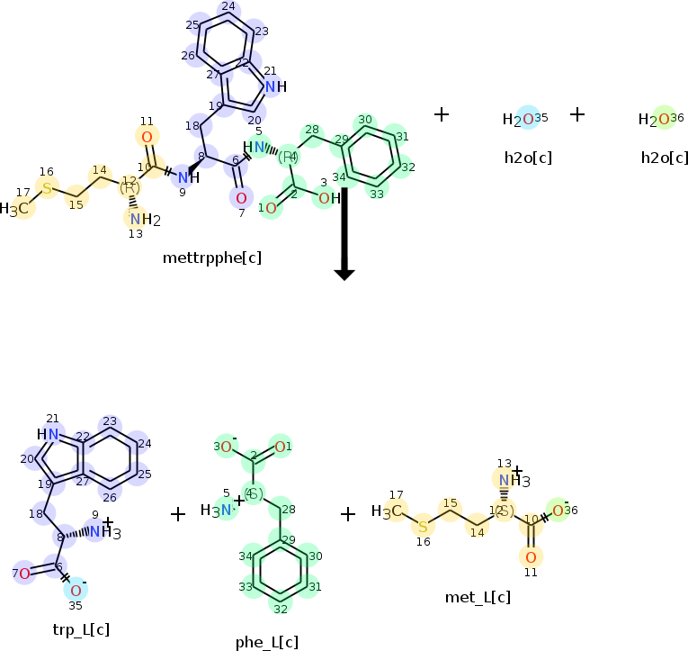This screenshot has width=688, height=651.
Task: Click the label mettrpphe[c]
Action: click(x=212, y=258)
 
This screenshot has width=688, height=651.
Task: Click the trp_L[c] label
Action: click(x=81, y=628)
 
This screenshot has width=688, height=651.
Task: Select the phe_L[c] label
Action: click(x=266, y=642)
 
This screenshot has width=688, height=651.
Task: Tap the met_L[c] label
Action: click(x=478, y=597)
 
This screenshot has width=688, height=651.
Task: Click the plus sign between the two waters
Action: click(x=577, y=114)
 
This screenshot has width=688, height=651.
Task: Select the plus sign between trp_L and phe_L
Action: click(x=178, y=514)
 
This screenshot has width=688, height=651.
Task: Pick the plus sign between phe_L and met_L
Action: click(x=348, y=514)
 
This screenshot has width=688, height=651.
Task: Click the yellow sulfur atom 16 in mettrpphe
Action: click(x=48, y=188)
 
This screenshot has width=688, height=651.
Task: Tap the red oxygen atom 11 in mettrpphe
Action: click(x=147, y=137)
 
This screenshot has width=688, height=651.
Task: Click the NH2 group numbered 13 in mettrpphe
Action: click(x=139, y=220)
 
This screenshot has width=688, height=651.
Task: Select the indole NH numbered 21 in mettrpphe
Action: click(x=273, y=86)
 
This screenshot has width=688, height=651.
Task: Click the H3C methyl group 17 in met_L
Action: click(x=390, y=511)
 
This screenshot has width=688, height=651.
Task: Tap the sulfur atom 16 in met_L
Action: click(x=423, y=525)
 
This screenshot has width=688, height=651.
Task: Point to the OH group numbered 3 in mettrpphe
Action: click(x=328, y=198)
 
